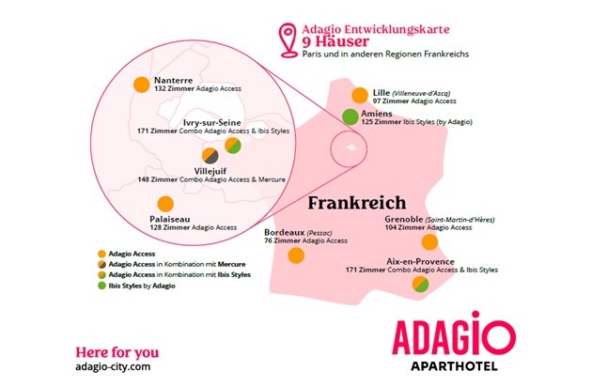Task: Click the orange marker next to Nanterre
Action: pyautogui.click(x=141, y=84)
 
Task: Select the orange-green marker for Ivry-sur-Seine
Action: pyautogui.click(x=232, y=146)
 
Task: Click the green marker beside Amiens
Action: pyautogui.click(x=350, y=117)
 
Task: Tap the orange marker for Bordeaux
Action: pyautogui.click(x=296, y=255)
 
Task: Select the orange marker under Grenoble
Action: pyautogui.click(x=429, y=242)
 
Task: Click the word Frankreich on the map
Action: pyautogui.click(x=356, y=202)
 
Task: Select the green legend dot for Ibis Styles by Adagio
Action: pyautogui.click(x=100, y=286)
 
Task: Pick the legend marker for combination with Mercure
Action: pyautogui.click(x=100, y=264)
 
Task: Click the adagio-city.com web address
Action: pyautogui.click(x=112, y=365)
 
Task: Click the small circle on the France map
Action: pyautogui.click(x=350, y=148)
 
